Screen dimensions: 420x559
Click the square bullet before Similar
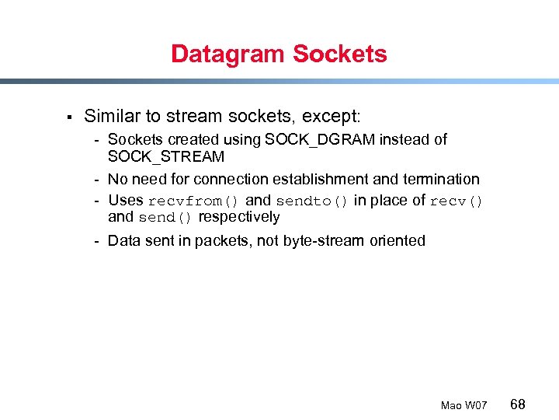click(x=68, y=117)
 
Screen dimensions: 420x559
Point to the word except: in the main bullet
click(x=330, y=117)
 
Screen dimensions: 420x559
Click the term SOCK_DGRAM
click(x=320, y=140)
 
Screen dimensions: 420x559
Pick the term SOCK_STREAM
click(x=166, y=157)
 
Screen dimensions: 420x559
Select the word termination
click(x=438, y=180)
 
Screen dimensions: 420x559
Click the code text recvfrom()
click(x=194, y=201)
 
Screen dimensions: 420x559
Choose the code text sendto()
click(x=312, y=201)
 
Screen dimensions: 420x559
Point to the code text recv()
click(x=457, y=201)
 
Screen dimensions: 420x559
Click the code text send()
click(x=166, y=218)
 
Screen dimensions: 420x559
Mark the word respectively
click(x=239, y=217)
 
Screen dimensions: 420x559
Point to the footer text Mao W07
click(x=464, y=405)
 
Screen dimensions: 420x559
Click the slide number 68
click(x=518, y=404)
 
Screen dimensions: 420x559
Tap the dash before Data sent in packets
click(x=97, y=241)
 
